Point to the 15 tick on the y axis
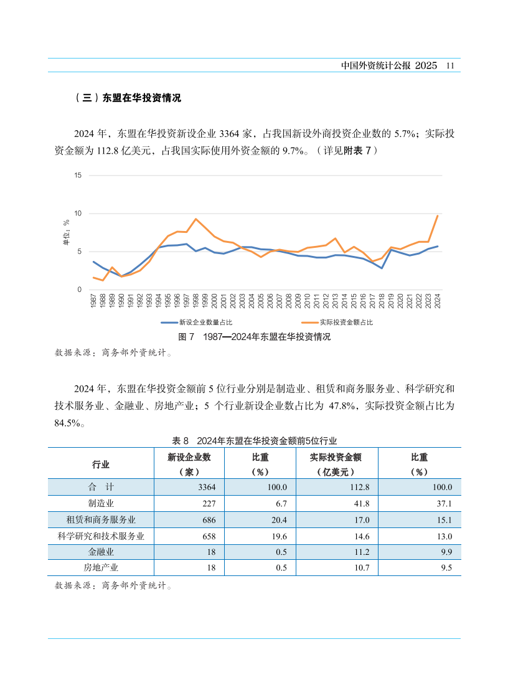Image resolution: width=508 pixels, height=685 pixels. click(78, 175)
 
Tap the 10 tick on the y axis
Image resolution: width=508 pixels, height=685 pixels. click(78, 214)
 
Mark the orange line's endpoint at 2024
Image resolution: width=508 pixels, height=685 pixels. click(438, 215)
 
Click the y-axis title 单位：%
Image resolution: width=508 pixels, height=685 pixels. click(66, 232)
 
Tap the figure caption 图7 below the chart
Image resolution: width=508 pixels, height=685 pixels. click(254, 337)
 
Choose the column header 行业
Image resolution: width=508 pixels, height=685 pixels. click(101, 465)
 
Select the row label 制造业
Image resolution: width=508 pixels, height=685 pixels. click(101, 503)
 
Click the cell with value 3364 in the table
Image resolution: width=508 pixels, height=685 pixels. click(205, 487)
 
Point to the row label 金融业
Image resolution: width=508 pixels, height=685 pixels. click(101, 552)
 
